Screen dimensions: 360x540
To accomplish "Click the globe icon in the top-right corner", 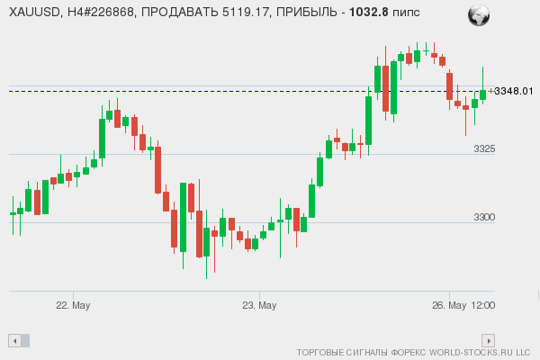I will point(479,14).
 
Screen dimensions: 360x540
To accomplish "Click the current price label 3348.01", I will point(514,91).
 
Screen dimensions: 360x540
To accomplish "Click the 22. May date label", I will point(73,306).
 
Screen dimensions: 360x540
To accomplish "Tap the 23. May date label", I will point(259,306).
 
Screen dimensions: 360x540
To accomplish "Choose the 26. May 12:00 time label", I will point(463,306).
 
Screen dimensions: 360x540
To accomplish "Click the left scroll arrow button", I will point(13,340).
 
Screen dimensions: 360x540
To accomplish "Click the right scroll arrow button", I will point(489,340).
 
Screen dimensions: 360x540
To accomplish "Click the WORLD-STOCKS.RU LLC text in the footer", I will point(478,354).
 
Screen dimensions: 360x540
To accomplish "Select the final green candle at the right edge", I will point(483,94).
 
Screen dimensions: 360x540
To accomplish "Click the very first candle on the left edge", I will point(13,213).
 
